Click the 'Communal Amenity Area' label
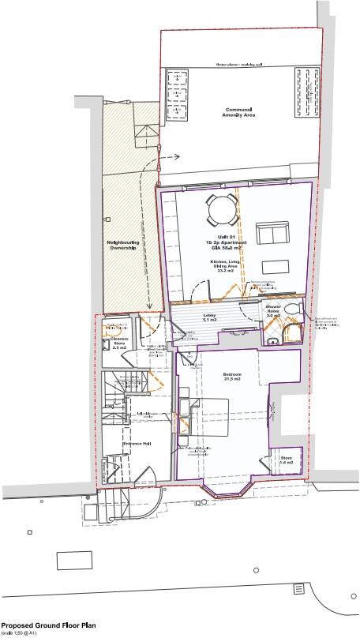coord(242,114)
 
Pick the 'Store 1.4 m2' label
coord(287,461)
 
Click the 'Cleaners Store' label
coord(119,343)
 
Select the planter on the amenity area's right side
coord(302,88)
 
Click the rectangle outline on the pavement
coord(80,560)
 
